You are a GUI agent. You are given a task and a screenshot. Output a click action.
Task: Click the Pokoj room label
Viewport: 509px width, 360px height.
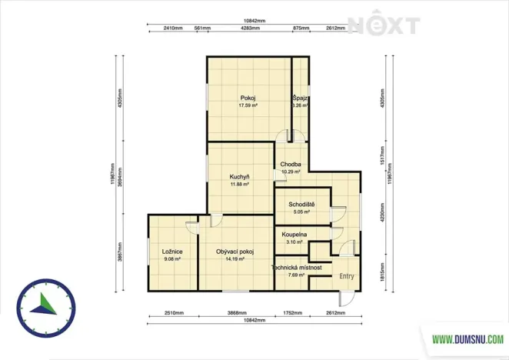point(248,98)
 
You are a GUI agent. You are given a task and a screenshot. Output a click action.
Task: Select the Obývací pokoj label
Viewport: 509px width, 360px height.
point(235,252)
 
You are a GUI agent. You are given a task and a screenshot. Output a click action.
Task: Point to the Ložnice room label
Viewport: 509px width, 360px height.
point(171,252)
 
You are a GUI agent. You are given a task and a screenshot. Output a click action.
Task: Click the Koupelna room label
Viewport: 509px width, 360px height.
point(294,234)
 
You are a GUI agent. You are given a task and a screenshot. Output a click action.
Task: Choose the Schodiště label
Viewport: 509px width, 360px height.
point(299,204)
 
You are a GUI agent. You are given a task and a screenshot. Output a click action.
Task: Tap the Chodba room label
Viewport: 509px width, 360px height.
point(291,165)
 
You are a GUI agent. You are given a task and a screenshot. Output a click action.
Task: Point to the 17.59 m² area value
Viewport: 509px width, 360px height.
point(248,105)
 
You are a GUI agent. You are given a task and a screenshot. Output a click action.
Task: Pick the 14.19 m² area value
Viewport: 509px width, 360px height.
point(235,259)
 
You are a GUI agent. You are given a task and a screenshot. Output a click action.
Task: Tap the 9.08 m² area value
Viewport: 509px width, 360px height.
point(171,259)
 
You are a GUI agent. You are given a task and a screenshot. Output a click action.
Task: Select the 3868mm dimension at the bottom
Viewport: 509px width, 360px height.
point(237,314)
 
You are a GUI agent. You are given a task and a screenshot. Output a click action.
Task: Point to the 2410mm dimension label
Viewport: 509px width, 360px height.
point(173,28)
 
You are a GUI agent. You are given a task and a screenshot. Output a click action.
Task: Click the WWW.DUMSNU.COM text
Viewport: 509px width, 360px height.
point(467,338)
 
